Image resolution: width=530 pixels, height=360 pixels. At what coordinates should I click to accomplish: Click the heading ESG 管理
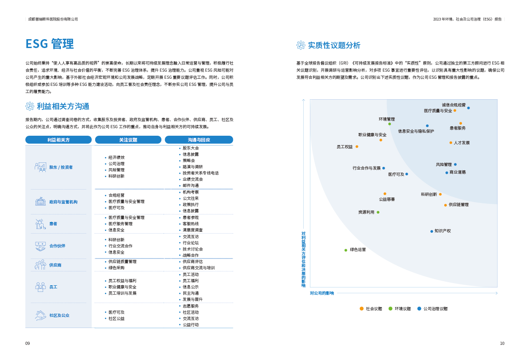pyautogui.click(x=50, y=44)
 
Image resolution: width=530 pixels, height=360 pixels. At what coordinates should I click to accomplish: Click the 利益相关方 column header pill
pyautogui.click(x=58, y=140)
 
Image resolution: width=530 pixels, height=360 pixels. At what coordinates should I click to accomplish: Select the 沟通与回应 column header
pyautogui.click(x=199, y=140)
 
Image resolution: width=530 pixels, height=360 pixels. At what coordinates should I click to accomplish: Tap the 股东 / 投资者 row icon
pyautogui.click(x=40, y=167)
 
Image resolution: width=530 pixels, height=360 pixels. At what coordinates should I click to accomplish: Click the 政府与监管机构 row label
pyautogui.click(x=63, y=202)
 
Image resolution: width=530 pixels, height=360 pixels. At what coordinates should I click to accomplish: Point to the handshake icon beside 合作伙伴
pyautogui.click(x=40, y=246)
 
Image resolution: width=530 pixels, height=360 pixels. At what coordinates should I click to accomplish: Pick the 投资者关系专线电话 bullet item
pyautogui.click(x=201, y=173)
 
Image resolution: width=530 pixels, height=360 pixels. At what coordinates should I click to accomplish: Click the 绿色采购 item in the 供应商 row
pyautogui.click(x=116, y=268)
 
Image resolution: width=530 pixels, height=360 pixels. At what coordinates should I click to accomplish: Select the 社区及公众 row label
pyautogui.click(x=59, y=315)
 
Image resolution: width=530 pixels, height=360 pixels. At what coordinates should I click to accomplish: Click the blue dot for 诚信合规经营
pyautogui.click(x=468, y=108)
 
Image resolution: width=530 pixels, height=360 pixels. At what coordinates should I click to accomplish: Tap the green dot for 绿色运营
pyautogui.click(x=345, y=250)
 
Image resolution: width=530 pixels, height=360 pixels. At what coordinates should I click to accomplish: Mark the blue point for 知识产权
pyautogui.click(x=431, y=231)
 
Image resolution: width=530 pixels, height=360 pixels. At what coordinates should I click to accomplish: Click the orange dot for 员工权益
pyautogui.click(x=357, y=146)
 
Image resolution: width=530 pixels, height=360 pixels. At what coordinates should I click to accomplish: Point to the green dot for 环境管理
pyautogui.click(x=389, y=124)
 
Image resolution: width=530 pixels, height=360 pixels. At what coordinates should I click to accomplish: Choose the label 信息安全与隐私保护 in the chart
pyautogui.click(x=416, y=131)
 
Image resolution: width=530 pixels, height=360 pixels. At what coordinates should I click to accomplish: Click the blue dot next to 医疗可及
pyautogui.click(x=406, y=174)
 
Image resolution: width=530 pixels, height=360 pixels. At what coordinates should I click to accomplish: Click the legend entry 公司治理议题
pyautogui.click(x=435, y=308)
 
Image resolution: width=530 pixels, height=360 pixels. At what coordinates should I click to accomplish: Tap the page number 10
pyautogui.click(x=502, y=344)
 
